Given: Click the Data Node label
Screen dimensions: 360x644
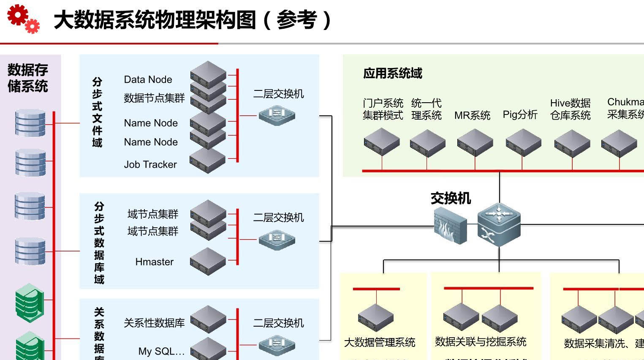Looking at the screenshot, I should (148, 79).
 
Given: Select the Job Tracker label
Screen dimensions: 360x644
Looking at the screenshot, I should (150, 164).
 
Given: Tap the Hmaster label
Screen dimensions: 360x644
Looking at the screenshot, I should (154, 262).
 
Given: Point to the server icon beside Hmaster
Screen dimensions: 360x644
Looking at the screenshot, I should (208, 262).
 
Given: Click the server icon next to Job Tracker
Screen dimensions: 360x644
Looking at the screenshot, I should (207, 161).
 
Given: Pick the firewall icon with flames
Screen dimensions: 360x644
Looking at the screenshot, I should (450, 228).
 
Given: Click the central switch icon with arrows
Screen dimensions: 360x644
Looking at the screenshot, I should (499, 224).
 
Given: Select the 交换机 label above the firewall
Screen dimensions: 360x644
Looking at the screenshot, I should (451, 198).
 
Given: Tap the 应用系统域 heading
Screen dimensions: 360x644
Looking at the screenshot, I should (392, 74).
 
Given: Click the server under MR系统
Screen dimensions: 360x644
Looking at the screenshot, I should (475, 143).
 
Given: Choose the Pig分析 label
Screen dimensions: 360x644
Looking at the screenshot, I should (520, 115).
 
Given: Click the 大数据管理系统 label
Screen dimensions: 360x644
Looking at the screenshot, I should (380, 342).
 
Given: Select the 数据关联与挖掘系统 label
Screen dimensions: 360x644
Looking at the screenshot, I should (481, 341).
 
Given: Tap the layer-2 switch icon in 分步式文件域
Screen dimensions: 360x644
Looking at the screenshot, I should (277, 115).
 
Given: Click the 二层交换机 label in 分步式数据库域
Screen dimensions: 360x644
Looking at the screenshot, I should (278, 218).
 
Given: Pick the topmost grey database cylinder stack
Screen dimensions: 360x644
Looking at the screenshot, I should (30, 123).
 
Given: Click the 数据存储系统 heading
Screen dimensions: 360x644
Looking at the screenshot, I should (28, 78).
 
